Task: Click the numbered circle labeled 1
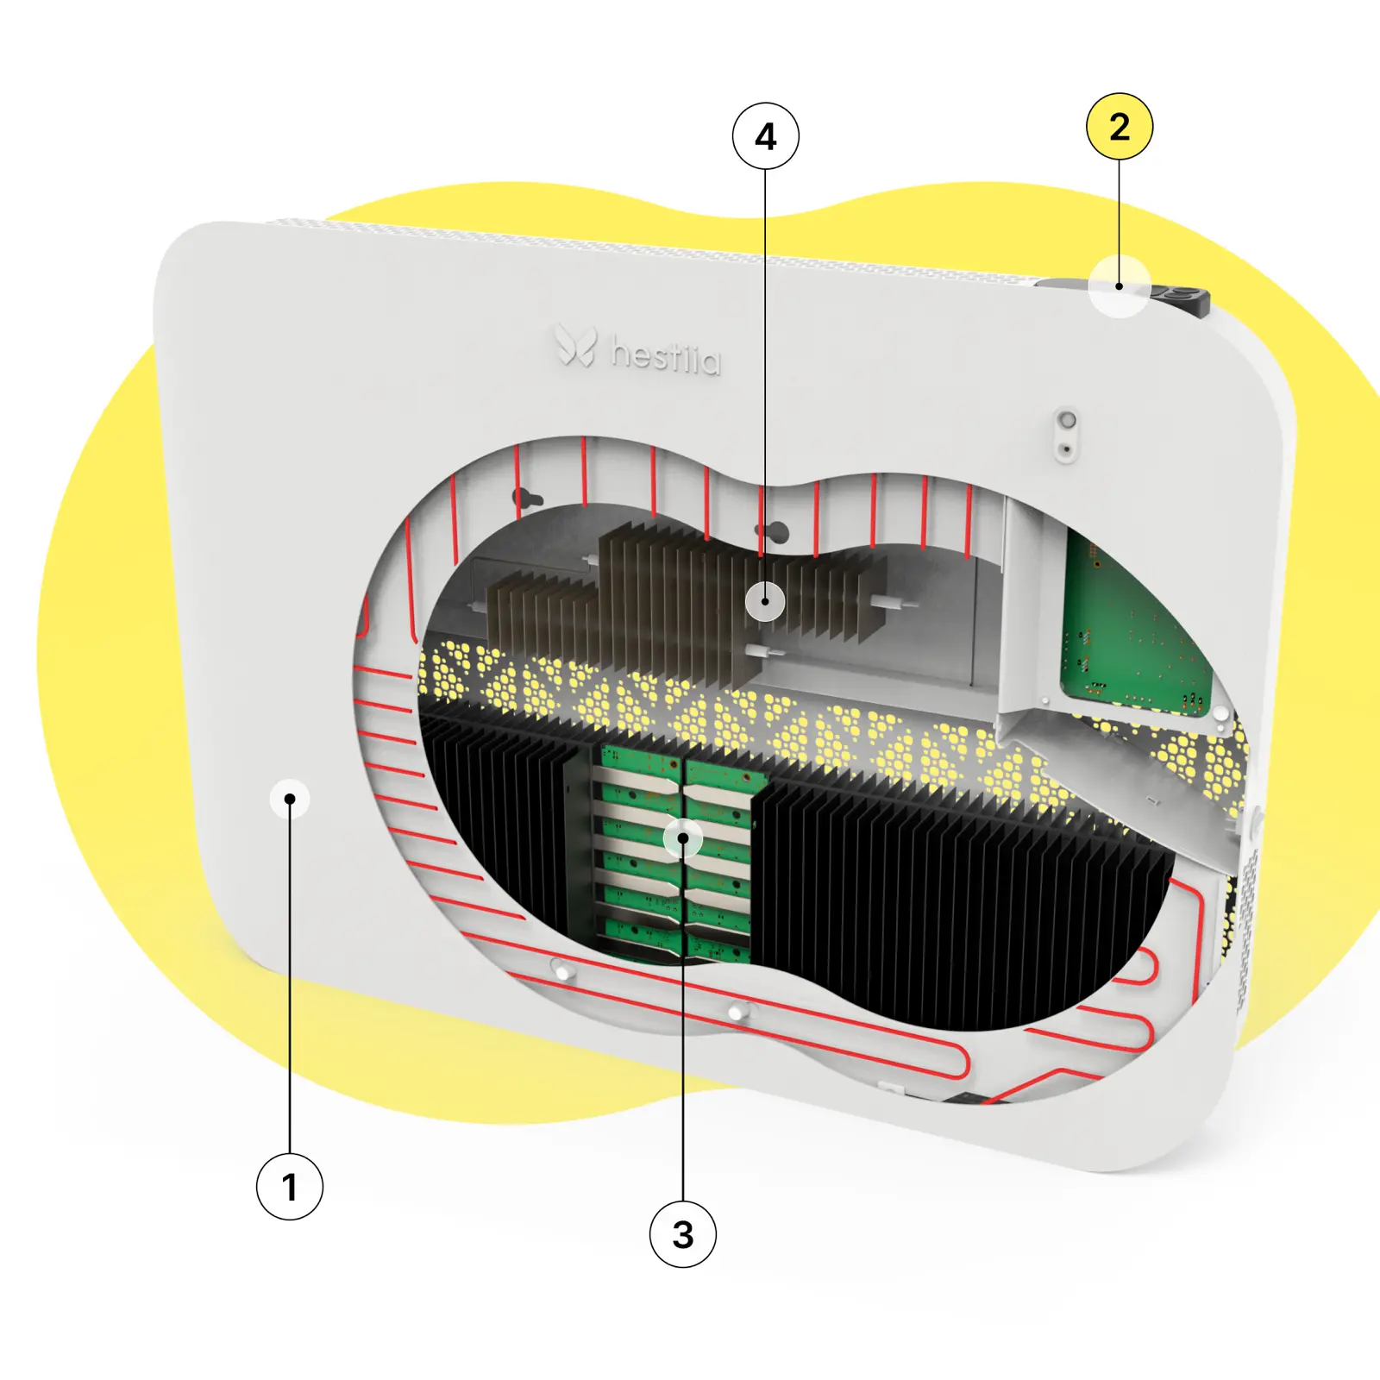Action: pos(290,1186)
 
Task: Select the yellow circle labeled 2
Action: pos(1120,127)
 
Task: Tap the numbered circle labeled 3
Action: pos(683,1234)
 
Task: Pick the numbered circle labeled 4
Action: pos(766,136)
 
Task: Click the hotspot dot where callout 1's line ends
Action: pos(290,800)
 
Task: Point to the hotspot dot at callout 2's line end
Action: pos(1120,285)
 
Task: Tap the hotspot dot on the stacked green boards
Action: pos(683,838)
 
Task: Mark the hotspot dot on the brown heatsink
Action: pos(765,601)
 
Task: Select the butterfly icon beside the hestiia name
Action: pos(575,345)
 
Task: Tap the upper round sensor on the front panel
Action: pos(1067,421)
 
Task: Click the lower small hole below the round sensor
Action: pos(1066,449)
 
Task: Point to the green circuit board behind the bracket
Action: pos(1134,625)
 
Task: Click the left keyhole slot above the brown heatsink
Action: pos(527,499)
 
